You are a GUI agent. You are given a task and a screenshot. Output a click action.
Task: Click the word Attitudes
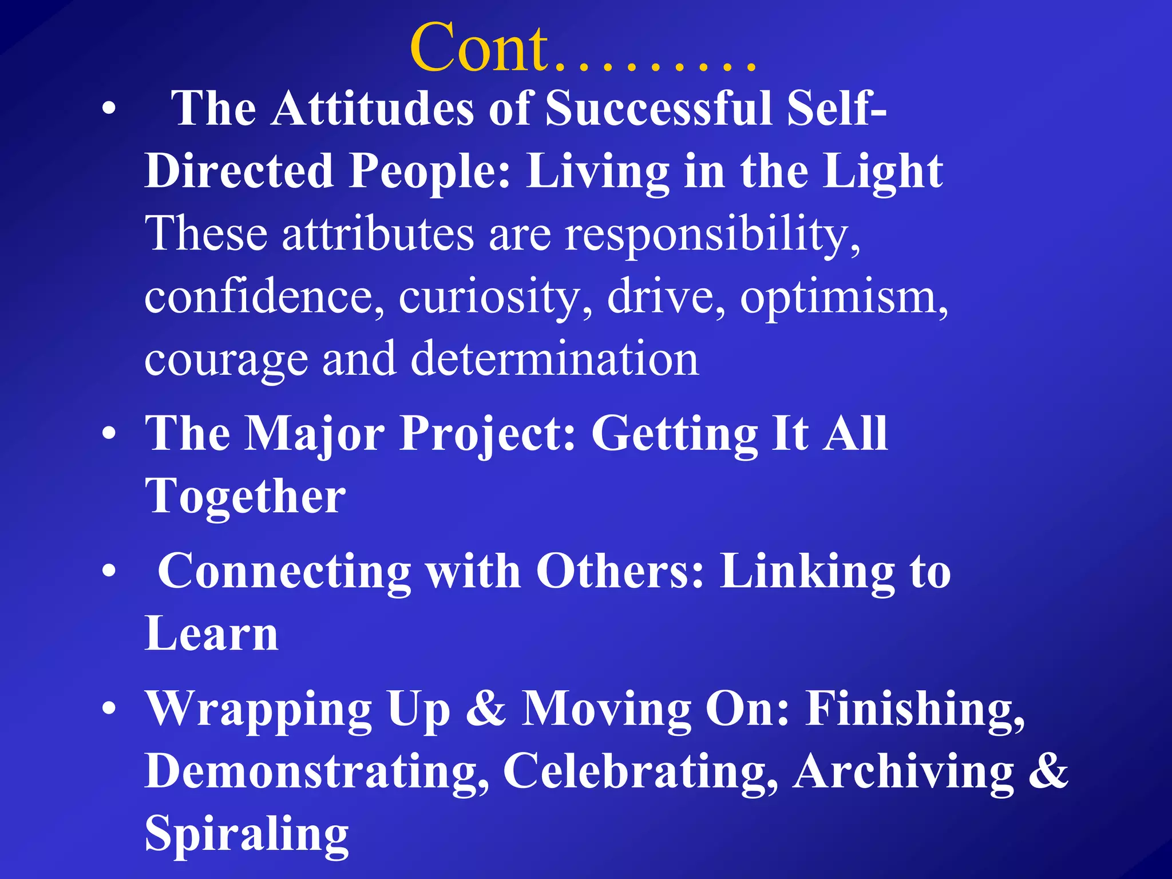[x=373, y=108]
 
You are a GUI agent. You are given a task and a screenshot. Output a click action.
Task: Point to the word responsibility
[x=712, y=235]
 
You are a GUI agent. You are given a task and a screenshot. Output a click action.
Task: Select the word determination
[x=555, y=359]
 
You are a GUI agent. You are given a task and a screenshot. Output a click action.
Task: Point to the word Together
[x=245, y=496]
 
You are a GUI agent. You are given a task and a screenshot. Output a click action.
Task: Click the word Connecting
[x=284, y=572]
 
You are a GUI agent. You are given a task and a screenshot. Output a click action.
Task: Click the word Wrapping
[x=259, y=710]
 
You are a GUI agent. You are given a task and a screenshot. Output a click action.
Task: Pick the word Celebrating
[x=640, y=771]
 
